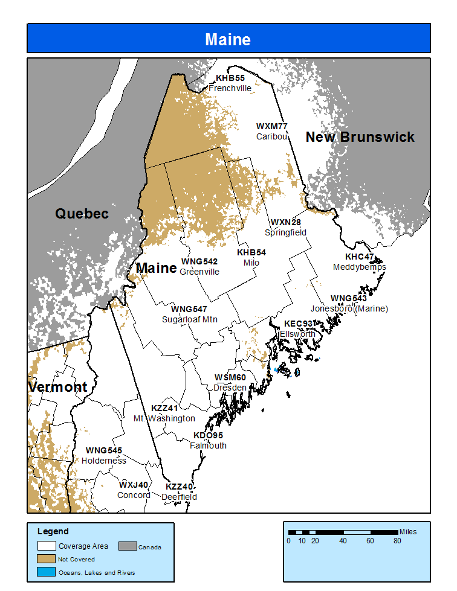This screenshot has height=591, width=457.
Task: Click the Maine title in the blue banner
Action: click(x=228, y=40)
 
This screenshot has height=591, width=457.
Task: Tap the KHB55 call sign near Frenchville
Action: click(x=230, y=78)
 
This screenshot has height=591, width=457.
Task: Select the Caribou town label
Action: click(x=271, y=136)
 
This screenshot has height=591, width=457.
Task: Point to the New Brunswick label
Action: click(x=360, y=137)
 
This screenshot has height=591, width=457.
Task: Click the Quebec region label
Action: click(x=82, y=214)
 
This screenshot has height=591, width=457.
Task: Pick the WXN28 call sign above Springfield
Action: click(x=285, y=222)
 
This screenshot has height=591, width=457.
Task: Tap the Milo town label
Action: click(x=251, y=263)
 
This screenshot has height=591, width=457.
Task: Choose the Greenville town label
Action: click(x=199, y=272)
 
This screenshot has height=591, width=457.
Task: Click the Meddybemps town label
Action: click(x=359, y=267)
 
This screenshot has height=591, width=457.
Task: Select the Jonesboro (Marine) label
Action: click(x=349, y=308)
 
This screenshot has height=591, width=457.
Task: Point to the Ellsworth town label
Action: click(x=297, y=334)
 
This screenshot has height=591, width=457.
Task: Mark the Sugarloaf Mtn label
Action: click(x=189, y=319)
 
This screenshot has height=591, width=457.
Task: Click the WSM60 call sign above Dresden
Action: click(x=230, y=377)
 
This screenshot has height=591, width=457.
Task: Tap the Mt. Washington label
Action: click(x=164, y=418)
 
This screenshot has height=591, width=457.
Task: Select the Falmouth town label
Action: click(x=208, y=446)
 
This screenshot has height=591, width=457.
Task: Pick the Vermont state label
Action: click(x=58, y=387)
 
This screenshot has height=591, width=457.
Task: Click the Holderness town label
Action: click(x=104, y=461)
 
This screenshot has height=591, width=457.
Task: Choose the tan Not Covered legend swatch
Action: click(x=47, y=559)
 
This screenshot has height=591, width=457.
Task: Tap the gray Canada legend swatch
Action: click(x=126, y=546)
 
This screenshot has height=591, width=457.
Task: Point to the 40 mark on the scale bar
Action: click(x=343, y=540)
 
